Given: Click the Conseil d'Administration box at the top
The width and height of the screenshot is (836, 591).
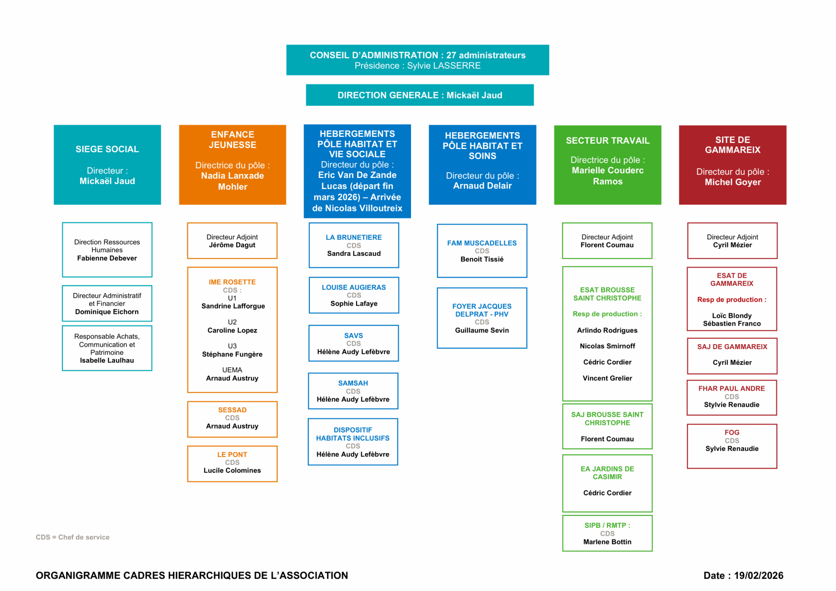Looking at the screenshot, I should pos(417,60).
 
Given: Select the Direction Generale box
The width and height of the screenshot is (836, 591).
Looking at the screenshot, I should pos(420,95).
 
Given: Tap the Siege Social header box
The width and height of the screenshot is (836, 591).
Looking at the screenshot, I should pos(107,164).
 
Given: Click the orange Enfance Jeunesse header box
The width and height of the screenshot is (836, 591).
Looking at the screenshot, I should pos(232,164).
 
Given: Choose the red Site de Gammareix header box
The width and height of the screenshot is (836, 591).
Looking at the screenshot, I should pos(732,164).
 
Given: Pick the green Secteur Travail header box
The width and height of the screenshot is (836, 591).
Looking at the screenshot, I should pos(607,164).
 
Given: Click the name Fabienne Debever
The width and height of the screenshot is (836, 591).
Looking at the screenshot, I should pos(107,258).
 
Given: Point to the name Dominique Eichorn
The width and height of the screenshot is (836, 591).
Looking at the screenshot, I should pos(107,312).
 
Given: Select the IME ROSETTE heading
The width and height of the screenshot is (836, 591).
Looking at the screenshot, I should pos(232,282).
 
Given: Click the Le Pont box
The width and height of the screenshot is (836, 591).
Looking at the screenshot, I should pos(232,464).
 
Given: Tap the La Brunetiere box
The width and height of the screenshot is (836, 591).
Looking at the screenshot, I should pos(354,245).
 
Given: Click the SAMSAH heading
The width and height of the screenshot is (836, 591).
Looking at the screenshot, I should pos(353,383).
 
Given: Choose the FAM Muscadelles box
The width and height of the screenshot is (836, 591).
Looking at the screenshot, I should pos(482,251).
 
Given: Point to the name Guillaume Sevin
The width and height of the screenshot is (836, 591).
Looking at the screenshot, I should pos(482,330).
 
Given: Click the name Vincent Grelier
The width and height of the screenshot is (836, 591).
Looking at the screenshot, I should pos(607,378).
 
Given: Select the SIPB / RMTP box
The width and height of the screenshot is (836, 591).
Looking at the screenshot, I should pos(607,533).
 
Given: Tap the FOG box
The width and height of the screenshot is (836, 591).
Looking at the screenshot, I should pos(732,446).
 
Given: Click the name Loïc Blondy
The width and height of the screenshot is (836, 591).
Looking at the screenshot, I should pos(732,315).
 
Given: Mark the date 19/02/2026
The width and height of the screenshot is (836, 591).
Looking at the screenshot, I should pos(758,575).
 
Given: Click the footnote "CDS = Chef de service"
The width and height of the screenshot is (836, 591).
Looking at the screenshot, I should pos(73,537).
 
